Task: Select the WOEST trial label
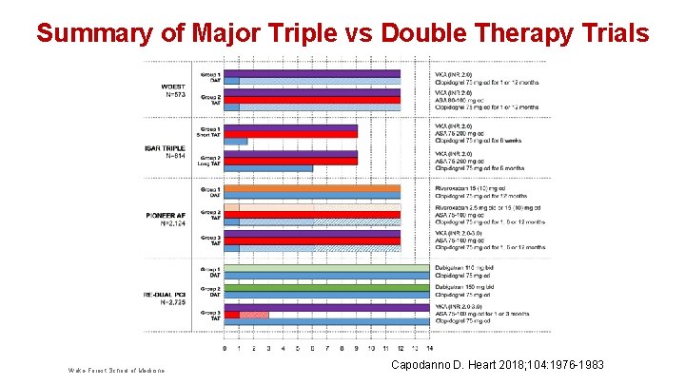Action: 175,86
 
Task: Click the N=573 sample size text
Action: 175,94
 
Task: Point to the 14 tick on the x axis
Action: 429,348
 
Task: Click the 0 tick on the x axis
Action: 225,348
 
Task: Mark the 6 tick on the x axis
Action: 312,348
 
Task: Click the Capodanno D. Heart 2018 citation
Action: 498,365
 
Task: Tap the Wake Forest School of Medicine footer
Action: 116,370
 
